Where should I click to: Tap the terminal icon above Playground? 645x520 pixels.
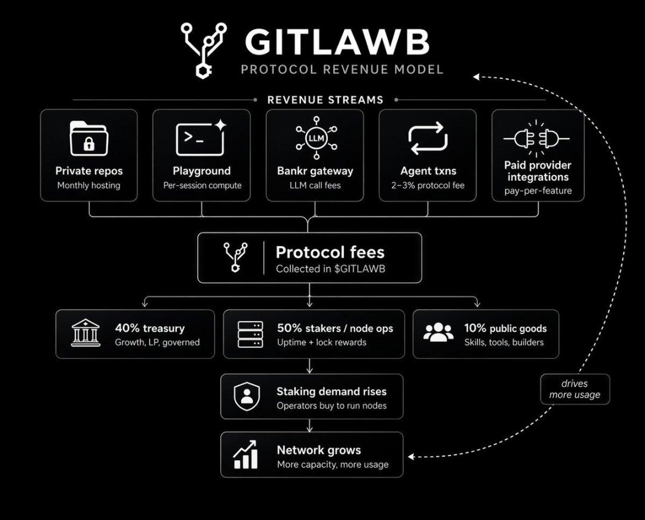pos(201,138)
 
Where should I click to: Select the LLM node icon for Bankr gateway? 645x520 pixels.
pos(316,137)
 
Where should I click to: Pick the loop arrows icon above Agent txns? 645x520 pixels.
pos(428,138)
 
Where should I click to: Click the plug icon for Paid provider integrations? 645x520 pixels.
pos(536,138)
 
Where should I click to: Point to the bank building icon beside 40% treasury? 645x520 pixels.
pos(85,333)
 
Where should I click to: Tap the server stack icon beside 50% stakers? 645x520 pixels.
pos(250,334)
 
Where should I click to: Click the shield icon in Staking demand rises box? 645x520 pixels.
pos(247,396)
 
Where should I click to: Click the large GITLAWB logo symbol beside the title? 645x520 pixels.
pos(204,50)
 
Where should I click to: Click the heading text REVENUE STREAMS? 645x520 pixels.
pos(325,100)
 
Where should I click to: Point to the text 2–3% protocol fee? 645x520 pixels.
pos(428,186)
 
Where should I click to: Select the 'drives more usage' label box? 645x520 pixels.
pos(575,389)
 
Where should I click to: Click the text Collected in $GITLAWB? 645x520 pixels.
pos(330,269)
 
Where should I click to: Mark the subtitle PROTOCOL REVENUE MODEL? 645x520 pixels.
pos(342,69)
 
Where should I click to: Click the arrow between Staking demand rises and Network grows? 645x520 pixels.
pos(309,426)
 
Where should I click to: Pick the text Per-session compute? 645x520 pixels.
pos(202,186)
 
